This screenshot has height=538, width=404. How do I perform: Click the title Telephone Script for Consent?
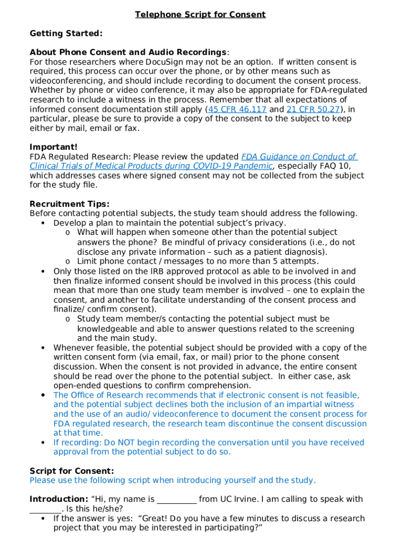pyautogui.click(x=200, y=15)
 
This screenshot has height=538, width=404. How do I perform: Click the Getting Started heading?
pyautogui.click(x=66, y=34)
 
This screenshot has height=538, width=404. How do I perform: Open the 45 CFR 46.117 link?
pyautogui.click(x=237, y=109)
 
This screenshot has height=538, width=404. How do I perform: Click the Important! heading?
pyautogui.click(x=54, y=147)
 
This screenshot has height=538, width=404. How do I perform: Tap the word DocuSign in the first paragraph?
pyautogui.click(x=166, y=62)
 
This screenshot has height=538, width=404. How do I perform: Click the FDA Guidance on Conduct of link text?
pyautogui.click(x=299, y=157)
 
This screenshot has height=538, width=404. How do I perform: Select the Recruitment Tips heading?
pyautogui.click(x=69, y=204)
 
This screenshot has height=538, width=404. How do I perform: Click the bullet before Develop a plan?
pyautogui.click(x=42, y=223)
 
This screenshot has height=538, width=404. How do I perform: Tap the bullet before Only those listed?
pyautogui.click(x=42, y=272)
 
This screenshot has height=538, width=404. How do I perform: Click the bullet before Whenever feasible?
pyautogui.click(x=42, y=348)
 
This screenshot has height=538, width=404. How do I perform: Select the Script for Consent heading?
pyautogui.click(x=71, y=471)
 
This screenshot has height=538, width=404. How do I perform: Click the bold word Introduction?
pyautogui.click(x=58, y=499)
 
